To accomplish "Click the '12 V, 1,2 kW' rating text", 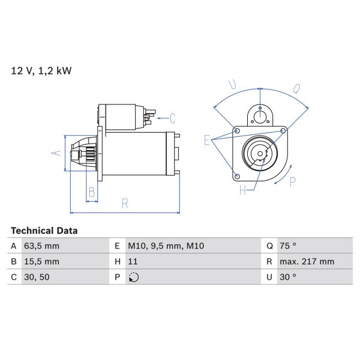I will [41, 71].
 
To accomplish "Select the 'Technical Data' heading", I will [44, 230].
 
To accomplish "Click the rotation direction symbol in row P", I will [134, 277].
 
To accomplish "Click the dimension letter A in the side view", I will [56, 153].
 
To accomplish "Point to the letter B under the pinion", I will [92, 192].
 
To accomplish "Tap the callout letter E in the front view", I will [207, 141].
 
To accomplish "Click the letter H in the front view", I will [242, 191].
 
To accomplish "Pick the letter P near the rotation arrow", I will [293, 182].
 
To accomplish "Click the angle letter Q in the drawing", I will [296, 88].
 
